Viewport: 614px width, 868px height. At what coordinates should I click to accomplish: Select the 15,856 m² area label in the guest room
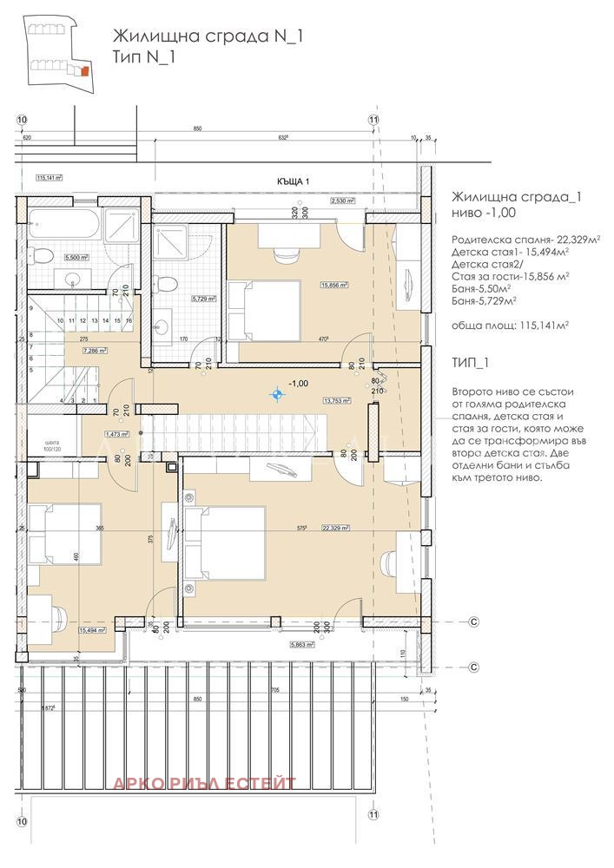coord(333,285)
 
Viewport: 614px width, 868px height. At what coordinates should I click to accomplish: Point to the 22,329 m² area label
coord(334,527)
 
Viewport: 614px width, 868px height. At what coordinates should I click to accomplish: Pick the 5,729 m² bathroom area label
coord(203,299)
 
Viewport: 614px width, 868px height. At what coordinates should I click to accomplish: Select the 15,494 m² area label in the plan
coord(91,631)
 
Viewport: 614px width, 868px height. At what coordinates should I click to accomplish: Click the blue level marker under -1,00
coord(277,396)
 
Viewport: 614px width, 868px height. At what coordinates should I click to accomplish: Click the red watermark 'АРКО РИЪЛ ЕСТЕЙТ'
coord(204,784)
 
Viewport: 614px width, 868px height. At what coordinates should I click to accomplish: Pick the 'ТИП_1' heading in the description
coord(471,362)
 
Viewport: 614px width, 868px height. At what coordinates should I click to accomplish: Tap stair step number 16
coord(129,320)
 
